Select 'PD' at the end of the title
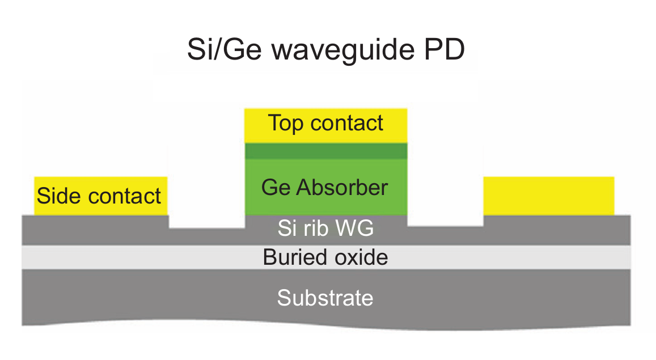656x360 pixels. [x=445, y=50]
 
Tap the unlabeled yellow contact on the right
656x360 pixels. [x=548, y=196]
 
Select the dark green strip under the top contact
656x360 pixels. [x=325, y=151]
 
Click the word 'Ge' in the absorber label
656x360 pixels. [x=276, y=187]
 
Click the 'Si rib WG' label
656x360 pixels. [x=325, y=229]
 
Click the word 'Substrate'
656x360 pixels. [x=325, y=297]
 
